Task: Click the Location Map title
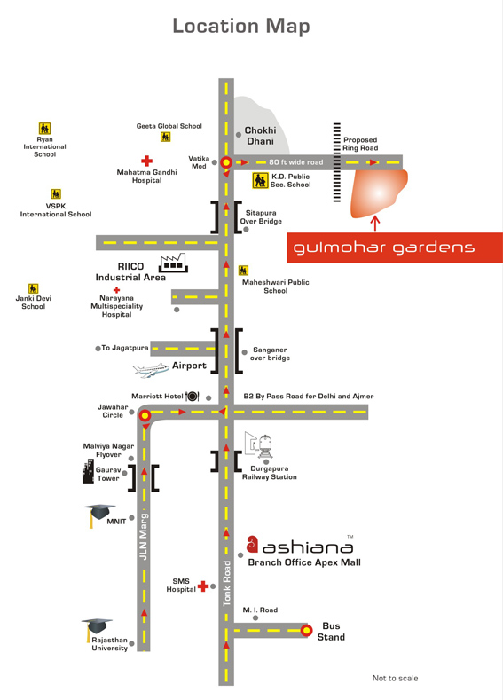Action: pyautogui.click(x=241, y=27)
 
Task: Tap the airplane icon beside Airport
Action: pyautogui.click(x=151, y=370)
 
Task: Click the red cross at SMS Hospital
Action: pyautogui.click(x=203, y=586)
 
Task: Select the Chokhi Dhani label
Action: pyautogui.click(x=260, y=136)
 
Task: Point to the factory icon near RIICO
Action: pyautogui.click(x=173, y=263)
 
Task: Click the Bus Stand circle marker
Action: pyautogui.click(x=306, y=631)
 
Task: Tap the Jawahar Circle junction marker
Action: pyautogui.click(x=145, y=416)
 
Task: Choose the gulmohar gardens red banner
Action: pyautogui.click(x=395, y=248)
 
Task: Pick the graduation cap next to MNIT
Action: pyautogui.click(x=99, y=514)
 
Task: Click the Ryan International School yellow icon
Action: pyautogui.click(x=44, y=129)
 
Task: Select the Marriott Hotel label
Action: pyautogui.click(x=157, y=396)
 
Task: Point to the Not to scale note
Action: pyautogui.click(x=395, y=678)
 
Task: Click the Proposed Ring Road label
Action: pyautogui.click(x=360, y=144)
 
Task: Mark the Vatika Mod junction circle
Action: pyautogui.click(x=226, y=162)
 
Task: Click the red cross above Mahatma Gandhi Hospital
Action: pyautogui.click(x=146, y=161)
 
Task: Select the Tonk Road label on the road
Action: pyautogui.click(x=227, y=583)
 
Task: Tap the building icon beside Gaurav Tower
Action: pyautogui.click(x=88, y=471)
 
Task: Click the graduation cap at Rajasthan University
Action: pyautogui.click(x=96, y=628)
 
